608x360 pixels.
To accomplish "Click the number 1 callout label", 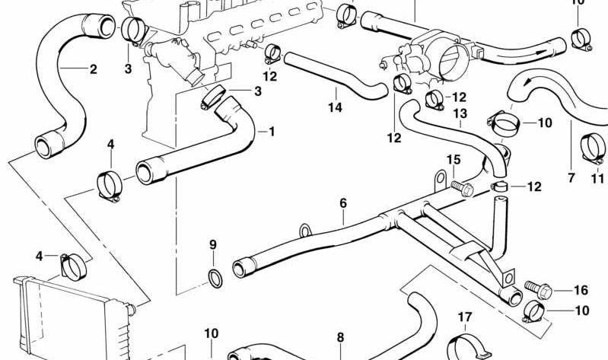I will (x=272, y=131).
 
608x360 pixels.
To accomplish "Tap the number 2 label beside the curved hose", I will (x=93, y=70).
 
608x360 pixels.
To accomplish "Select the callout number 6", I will (x=343, y=203).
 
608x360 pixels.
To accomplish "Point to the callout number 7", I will (x=571, y=178).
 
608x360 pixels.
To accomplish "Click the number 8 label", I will (x=340, y=337).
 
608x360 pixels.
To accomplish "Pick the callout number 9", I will (x=213, y=244).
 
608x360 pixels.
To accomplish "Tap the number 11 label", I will (x=598, y=179).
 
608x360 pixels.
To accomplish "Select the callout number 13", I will (x=460, y=113).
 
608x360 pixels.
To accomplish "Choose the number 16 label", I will (x=581, y=290).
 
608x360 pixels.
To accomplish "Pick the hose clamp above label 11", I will (x=594, y=146).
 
